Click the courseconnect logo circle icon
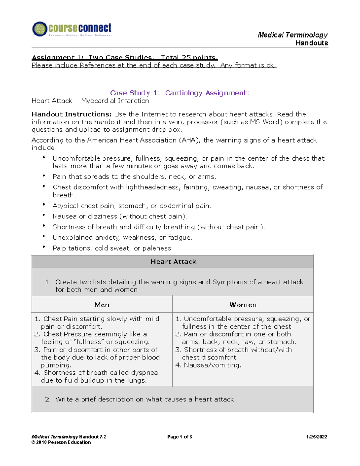pyautogui.click(x=40, y=29)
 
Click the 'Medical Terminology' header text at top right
pyautogui.click(x=292, y=35)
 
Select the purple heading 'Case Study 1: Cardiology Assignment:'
pyautogui.click(x=180, y=93)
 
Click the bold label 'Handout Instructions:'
pyautogui.click(x=72, y=114)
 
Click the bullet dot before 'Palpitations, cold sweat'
pyautogui.click(x=44, y=247)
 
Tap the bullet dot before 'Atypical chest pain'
pyautogui.click(x=44, y=205)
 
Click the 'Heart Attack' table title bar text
pyautogui.click(x=173, y=262)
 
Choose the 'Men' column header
pyautogui.click(x=102, y=305)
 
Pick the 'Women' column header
pyautogui.click(x=243, y=305)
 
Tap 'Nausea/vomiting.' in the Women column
pyautogui.click(x=212, y=365)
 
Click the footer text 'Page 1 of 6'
pyautogui.click(x=179, y=437)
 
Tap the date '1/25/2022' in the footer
pyautogui.click(x=316, y=437)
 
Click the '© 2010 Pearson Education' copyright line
pyautogui.click(x=61, y=442)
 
